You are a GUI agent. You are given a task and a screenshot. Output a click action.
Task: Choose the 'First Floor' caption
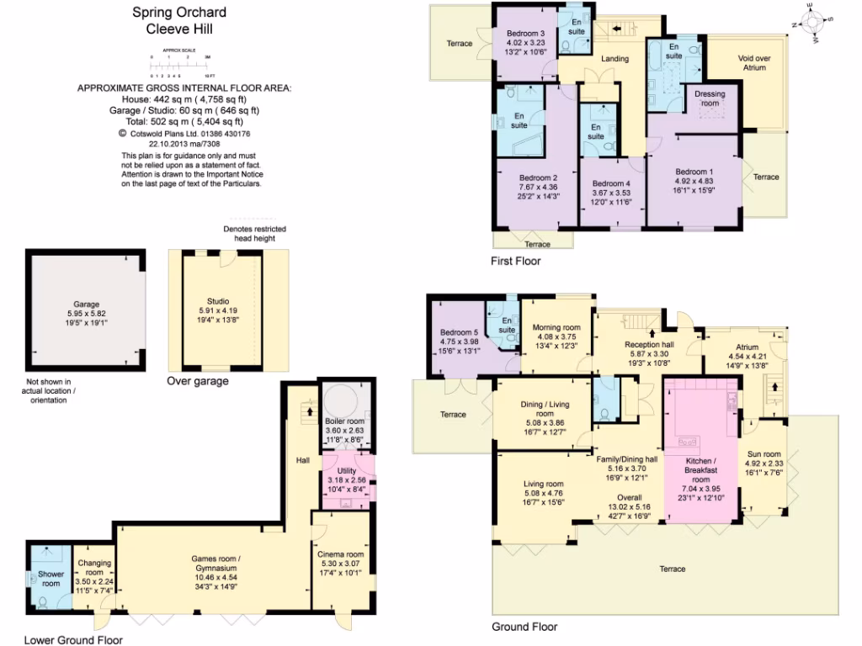[515, 262]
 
